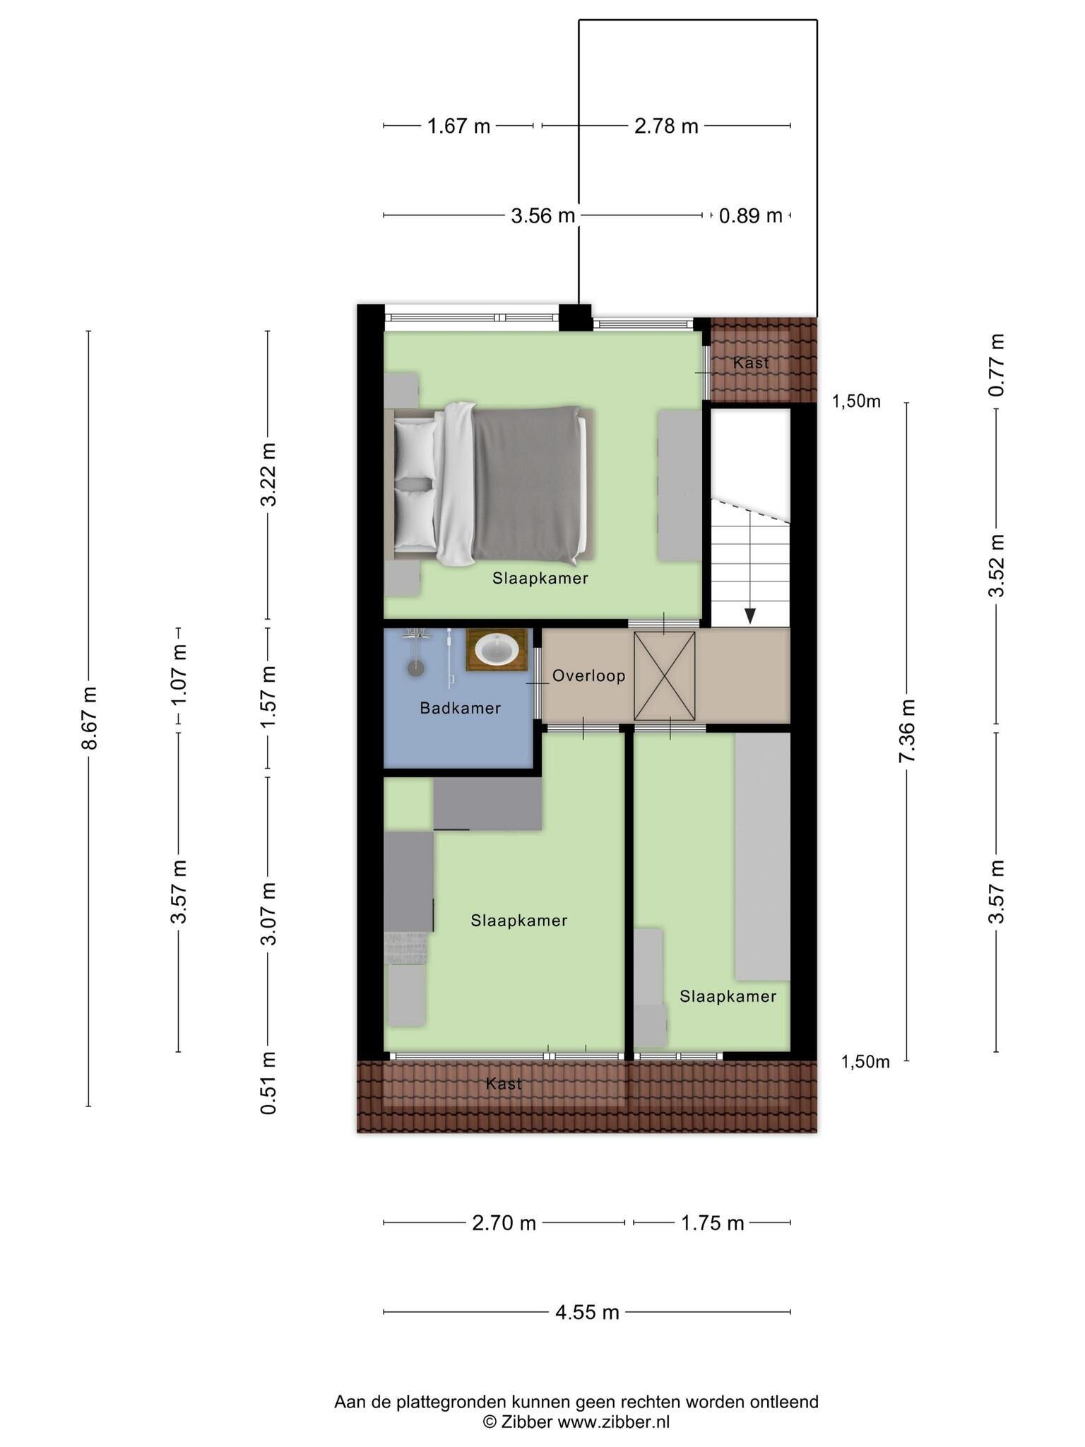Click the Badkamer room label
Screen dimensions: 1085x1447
460,708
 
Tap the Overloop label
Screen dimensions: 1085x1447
589,676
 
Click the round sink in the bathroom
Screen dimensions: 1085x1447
497,649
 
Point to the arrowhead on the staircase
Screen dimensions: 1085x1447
749,616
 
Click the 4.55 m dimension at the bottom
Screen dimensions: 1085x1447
587,1312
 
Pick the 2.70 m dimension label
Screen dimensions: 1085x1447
504,1222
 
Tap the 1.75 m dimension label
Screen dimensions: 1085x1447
712,1222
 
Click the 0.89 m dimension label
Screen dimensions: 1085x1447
751,215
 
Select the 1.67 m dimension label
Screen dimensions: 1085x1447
458,126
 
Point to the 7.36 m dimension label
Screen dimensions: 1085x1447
907,731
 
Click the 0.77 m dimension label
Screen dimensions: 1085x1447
997,365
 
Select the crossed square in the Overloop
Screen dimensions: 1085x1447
664,675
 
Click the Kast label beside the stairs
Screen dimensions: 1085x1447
751,363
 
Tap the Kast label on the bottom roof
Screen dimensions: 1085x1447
504,1084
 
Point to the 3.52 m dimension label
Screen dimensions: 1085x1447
997,565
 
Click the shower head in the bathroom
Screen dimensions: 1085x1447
416,668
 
